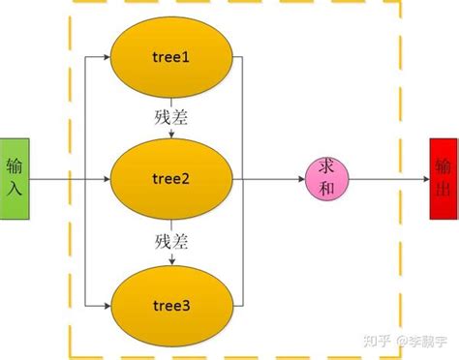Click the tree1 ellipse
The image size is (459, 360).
pyautogui.click(x=171, y=57)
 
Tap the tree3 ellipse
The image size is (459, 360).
pyautogui.click(x=171, y=305)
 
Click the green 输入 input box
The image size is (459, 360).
pyautogui.click(x=15, y=179)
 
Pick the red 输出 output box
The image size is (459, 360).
pyautogui.click(x=443, y=179)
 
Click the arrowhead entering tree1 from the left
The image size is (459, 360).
pyautogui.click(x=107, y=57)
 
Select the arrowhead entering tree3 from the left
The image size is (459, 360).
pyautogui.click(x=107, y=305)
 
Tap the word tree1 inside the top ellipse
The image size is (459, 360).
pyautogui.click(x=171, y=57)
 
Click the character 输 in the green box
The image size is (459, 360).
pyautogui.click(x=15, y=167)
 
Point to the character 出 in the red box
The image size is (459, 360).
pyautogui.click(x=443, y=191)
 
